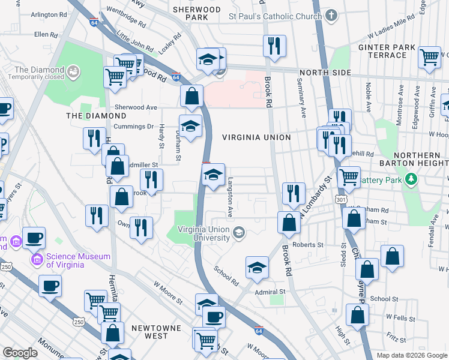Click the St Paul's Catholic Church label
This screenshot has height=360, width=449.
click(x=276, y=16)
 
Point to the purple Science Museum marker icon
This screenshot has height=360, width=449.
click(x=38, y=260)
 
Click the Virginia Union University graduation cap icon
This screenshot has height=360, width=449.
click(x=239, y=233)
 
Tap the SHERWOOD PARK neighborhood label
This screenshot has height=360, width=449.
click(x=197, y=13)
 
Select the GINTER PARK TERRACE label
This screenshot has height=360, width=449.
click(x=382, y=51)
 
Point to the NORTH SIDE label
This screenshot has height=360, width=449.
click(x=325, y=73)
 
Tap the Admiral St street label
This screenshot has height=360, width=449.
click(x=269, y=291)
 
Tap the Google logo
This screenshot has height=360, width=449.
click(x=20, y=353)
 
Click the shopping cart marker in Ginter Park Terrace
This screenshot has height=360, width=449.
click(x=429, y=58)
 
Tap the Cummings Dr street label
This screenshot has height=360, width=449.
click(x=134, y=127)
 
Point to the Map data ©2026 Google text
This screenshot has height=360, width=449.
click(x=411, y=355)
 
